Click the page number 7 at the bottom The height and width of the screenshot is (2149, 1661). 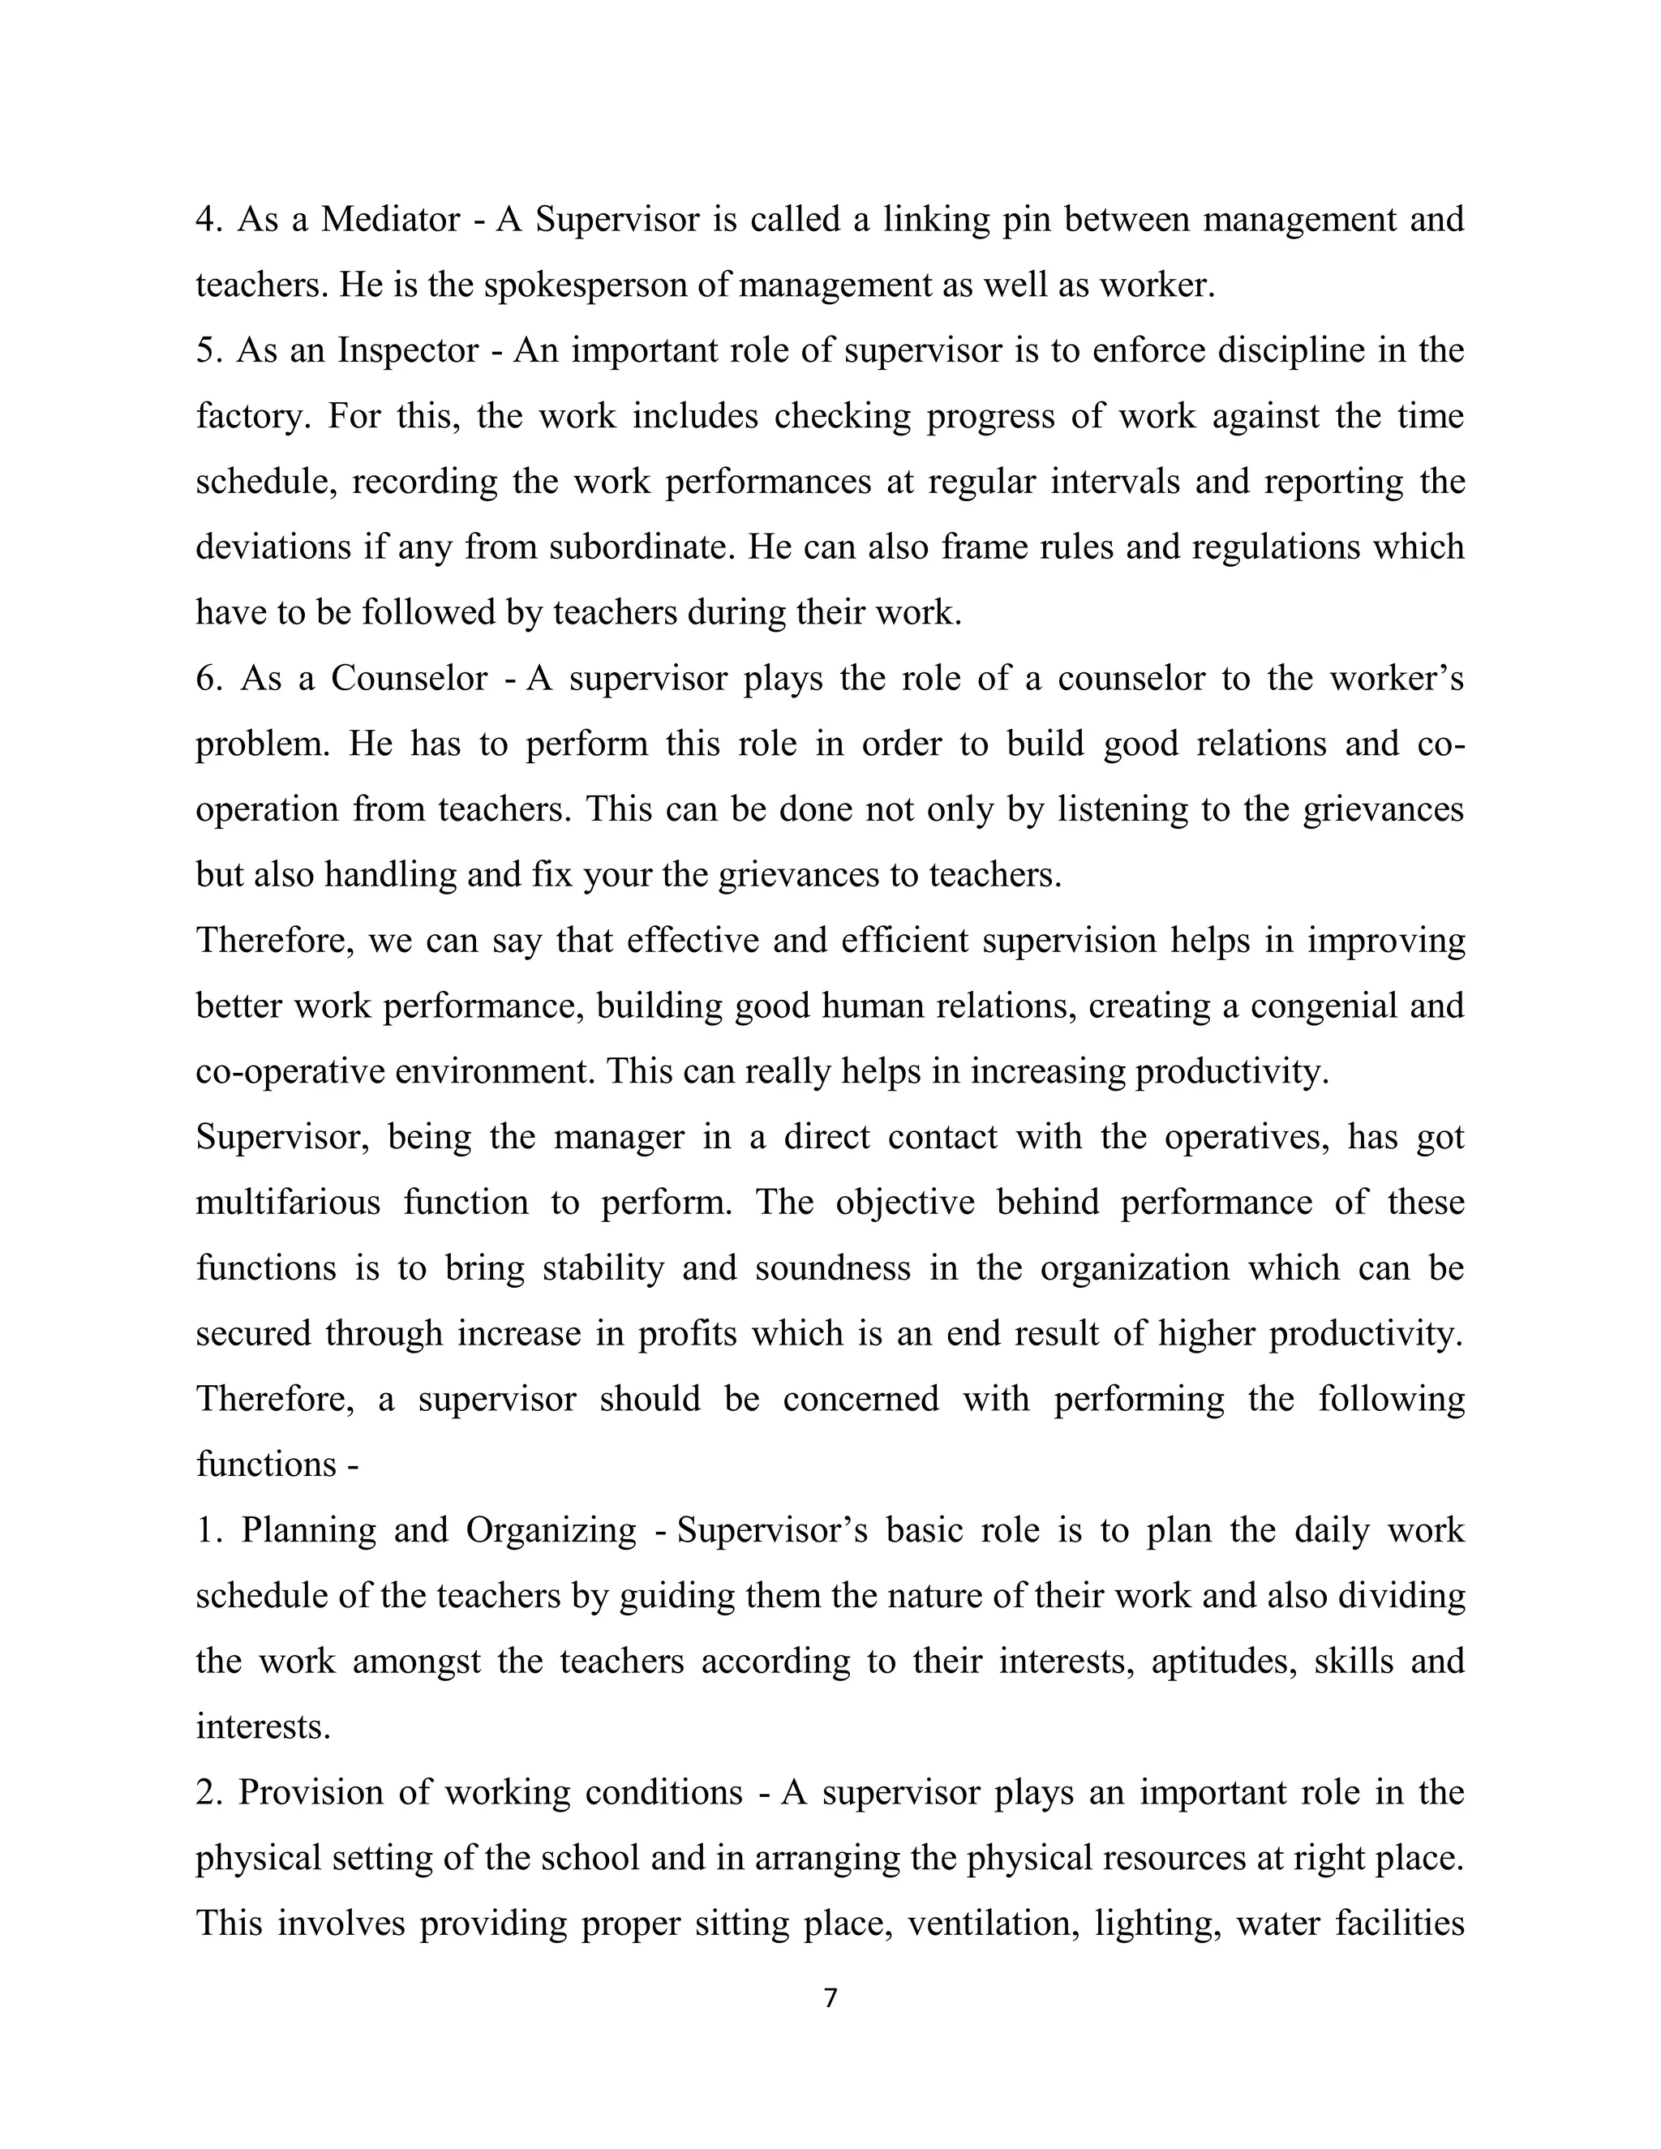(830, 1998)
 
